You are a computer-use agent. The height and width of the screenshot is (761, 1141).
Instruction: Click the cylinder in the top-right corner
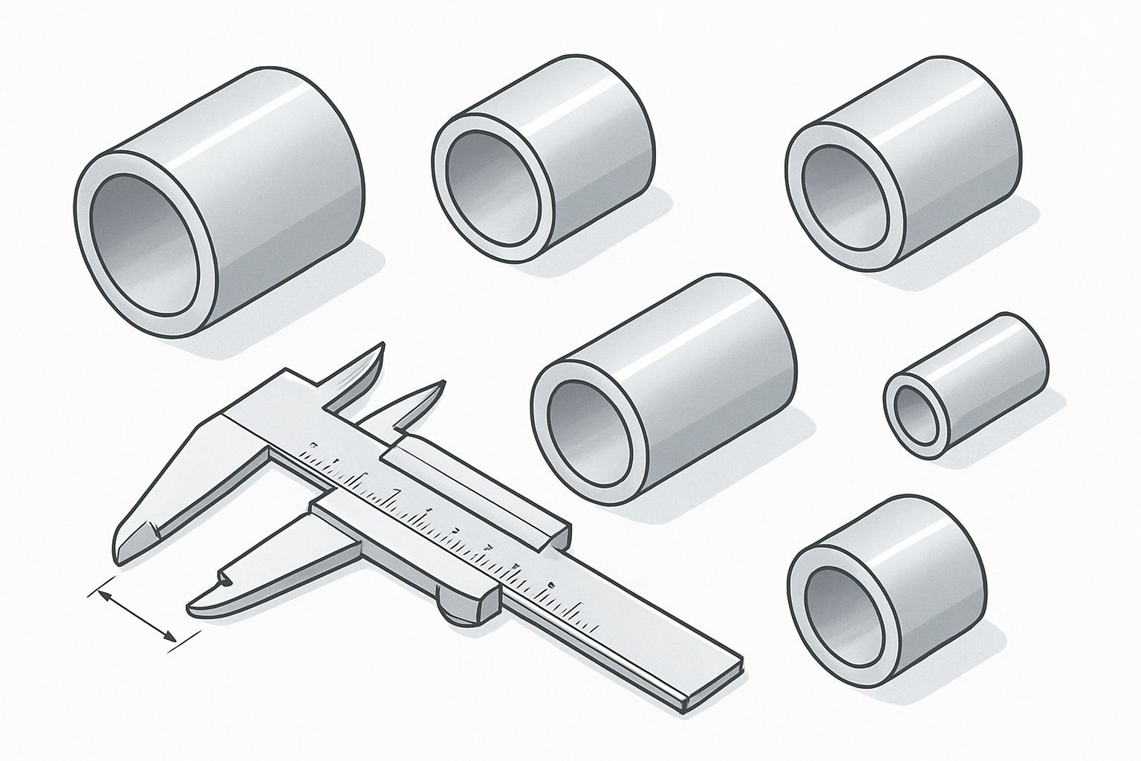tap(903, 175)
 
